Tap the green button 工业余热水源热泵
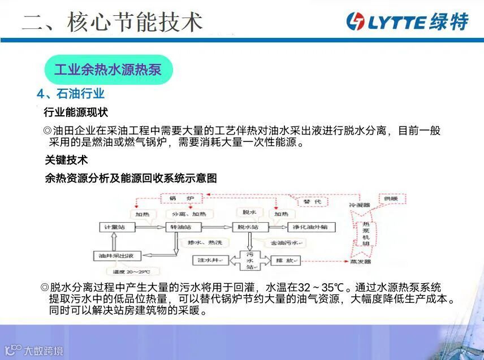pos(108,70)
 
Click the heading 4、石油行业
pos(71,94)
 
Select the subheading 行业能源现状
pos(76,112)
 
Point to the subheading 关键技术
pos(67,160)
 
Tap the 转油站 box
pos(184,227)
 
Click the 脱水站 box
pos(249,227)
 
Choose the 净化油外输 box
pos(311,227)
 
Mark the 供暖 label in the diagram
pos(391,199)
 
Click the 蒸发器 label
pos(360,262)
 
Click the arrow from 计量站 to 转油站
pos(150,227)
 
